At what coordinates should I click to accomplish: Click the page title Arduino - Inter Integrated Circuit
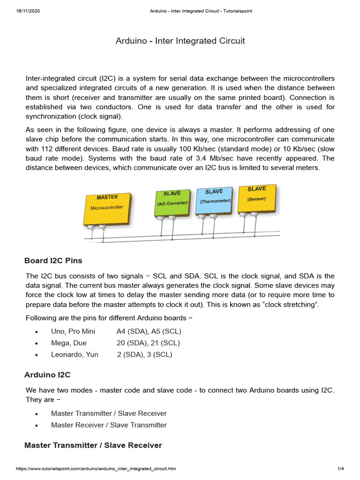pyautogui.click(x=180, y=41)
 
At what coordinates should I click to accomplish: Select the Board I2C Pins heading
pyautogui.click(x=53, y=261)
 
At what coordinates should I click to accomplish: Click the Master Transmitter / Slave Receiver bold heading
pyautogui.click(x=93, y=445)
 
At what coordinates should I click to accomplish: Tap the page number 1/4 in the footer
pyautogui.click(x=341, y=469)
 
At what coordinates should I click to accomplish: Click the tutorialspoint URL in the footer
pyautogui.click(x=96, y=469)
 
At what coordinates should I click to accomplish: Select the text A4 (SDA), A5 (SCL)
pyautogui.click(x=149, y=331)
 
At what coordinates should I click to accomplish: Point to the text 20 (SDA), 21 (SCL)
pyautogui.click(x=148, y=343)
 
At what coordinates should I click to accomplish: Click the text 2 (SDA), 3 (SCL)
pyautogui.click(x=144, y=354)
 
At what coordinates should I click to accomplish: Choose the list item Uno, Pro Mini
pyautogui.click(x=73, y=331)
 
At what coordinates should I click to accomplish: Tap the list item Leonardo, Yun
pyautogui.click(x=75, y=354)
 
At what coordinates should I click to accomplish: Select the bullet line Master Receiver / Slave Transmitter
pyautogui.click(x=109, y=425)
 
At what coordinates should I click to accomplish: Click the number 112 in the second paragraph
pyautogui.click(x=44, y=148)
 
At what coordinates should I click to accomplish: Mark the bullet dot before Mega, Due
pyautogui.click(x=36, y=344)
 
